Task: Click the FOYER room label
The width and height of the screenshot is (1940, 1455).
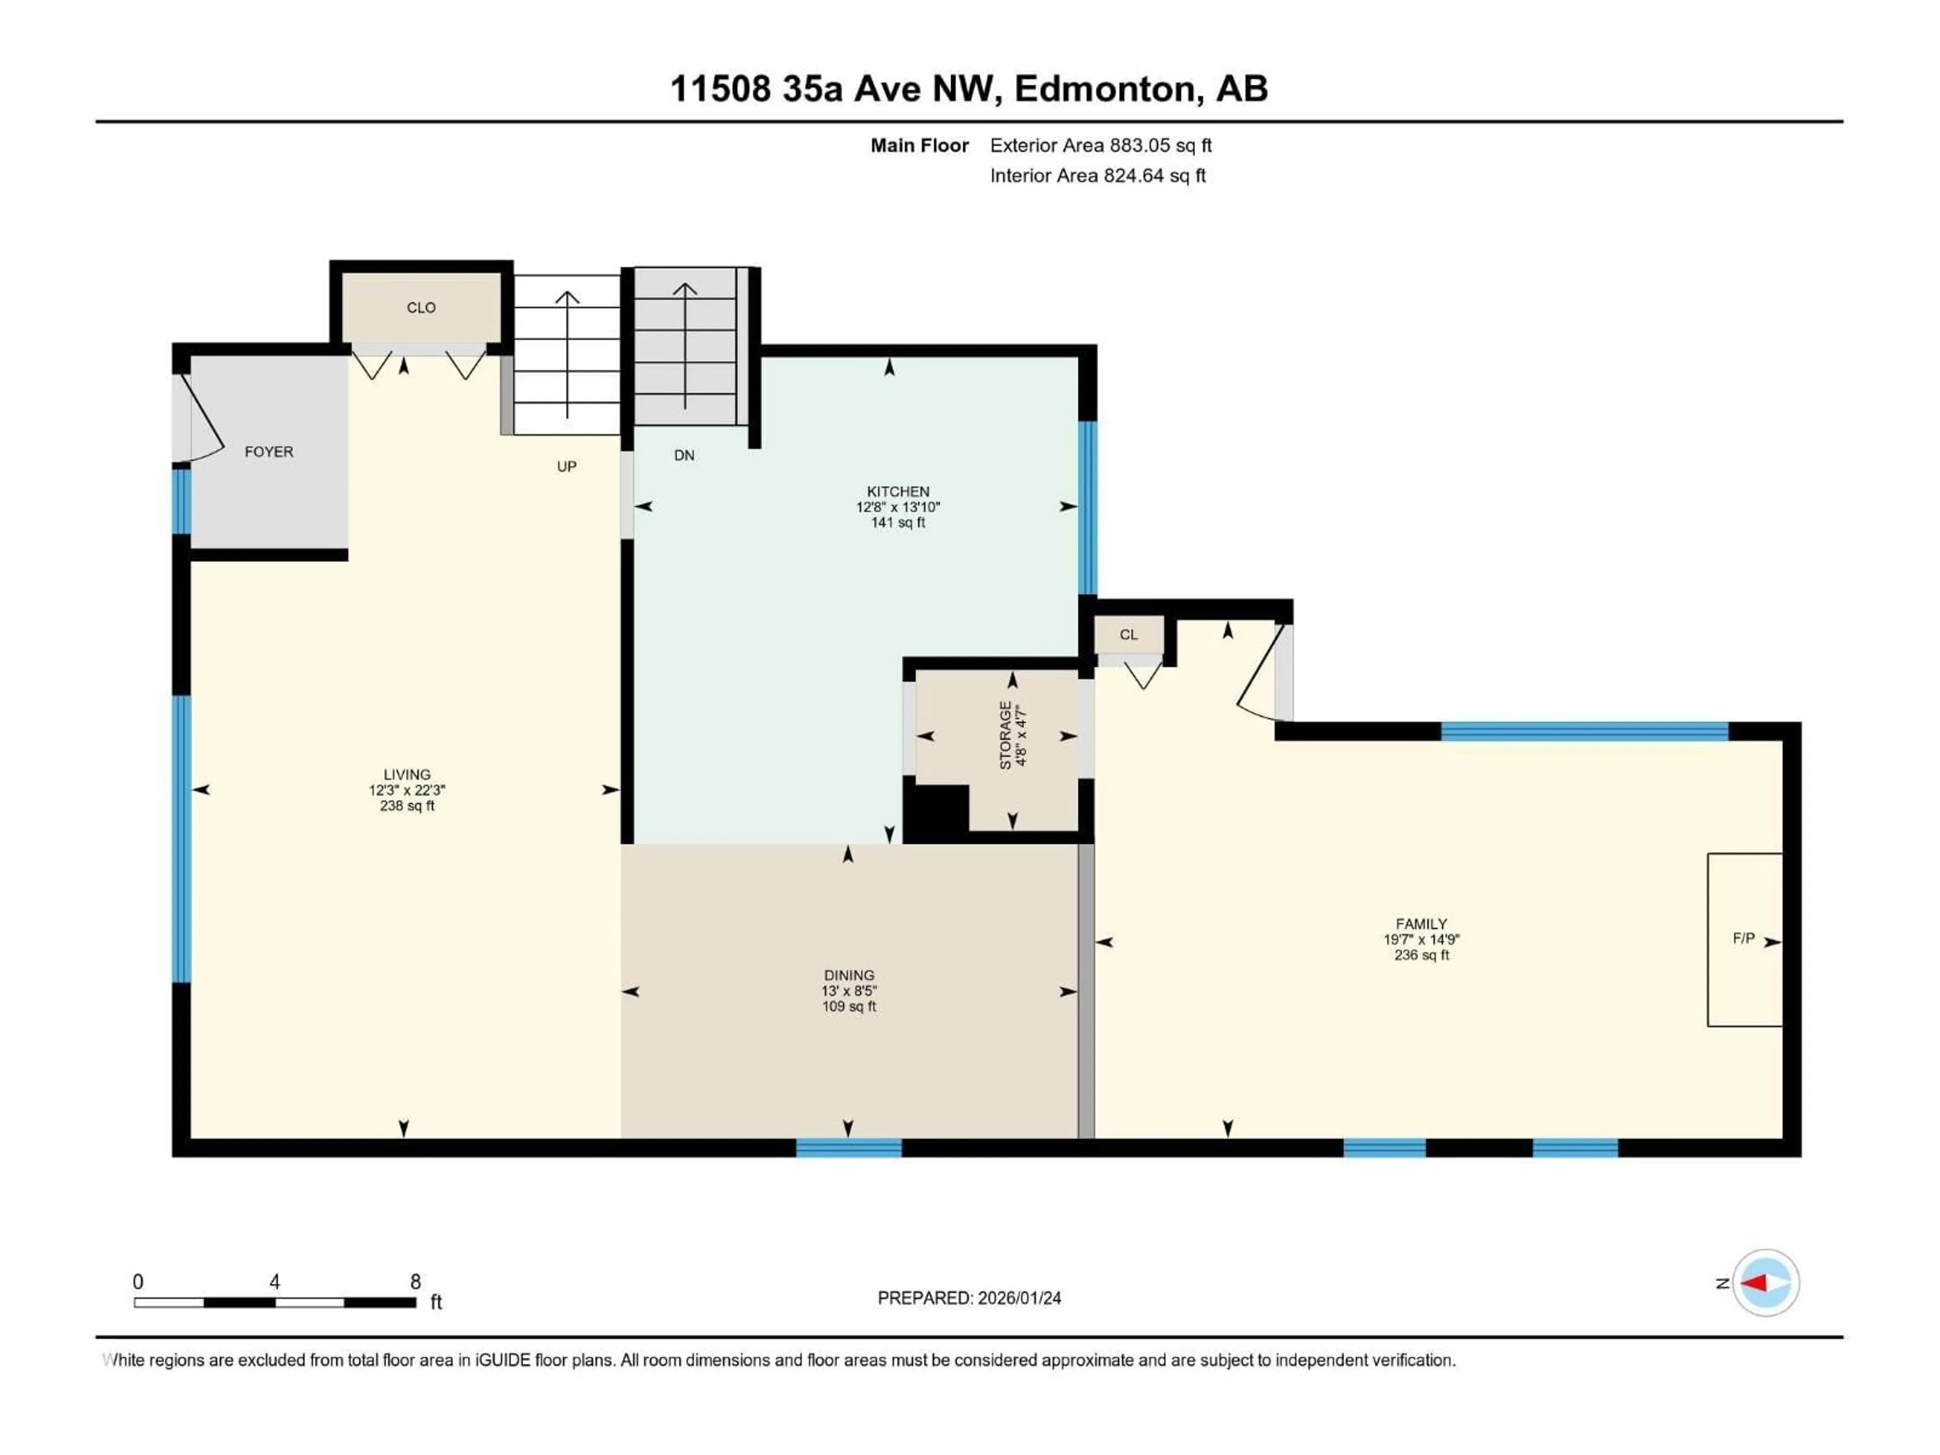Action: tap(268, 452)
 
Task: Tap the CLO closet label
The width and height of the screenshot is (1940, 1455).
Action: tap(421, 308)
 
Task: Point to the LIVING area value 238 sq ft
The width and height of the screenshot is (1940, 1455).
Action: tap(407, 806)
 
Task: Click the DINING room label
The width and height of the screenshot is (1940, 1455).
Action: tap(848, 975)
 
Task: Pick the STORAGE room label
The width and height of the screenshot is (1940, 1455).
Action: tap(1005, 736)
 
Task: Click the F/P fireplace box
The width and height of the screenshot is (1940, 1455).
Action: tap(1743, 939)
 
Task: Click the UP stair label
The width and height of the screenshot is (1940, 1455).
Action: tap(566, 467)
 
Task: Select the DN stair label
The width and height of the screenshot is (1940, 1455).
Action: tap(684, 455)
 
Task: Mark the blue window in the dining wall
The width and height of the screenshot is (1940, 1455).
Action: tap(848, 1147)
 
